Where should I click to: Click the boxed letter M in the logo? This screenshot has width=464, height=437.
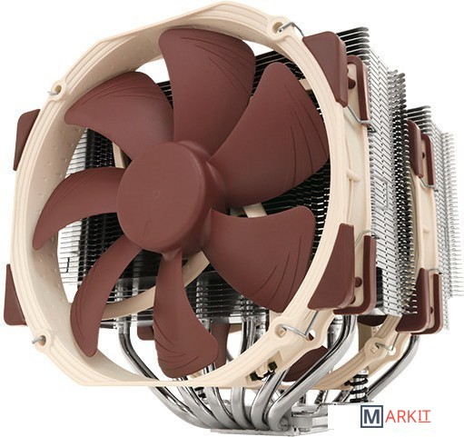[370, 415]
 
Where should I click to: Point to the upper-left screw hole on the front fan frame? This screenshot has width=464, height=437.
[58, 89]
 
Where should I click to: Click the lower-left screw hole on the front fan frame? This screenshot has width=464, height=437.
[42, 340]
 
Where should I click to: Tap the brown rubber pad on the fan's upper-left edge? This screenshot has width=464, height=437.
[25, 138]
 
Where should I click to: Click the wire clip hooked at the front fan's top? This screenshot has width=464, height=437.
[291, 26]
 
